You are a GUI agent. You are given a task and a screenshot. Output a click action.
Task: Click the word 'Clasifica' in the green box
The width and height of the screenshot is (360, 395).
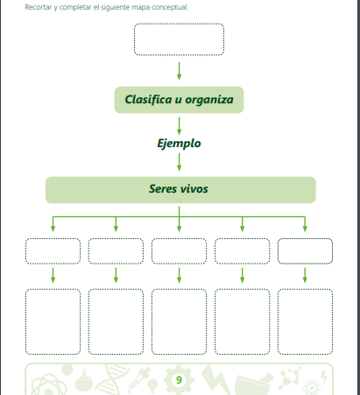coord(148,100)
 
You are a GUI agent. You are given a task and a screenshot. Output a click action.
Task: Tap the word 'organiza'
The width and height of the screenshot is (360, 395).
coord(209,100)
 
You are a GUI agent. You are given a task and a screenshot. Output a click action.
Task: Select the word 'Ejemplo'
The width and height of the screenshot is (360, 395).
coord(179,144)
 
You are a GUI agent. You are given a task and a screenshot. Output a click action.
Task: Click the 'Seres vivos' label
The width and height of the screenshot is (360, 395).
coord(179,189)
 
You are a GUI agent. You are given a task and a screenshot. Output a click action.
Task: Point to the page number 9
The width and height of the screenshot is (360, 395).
coord(179,380)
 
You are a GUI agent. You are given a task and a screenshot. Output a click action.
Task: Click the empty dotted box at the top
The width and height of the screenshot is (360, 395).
coord(179,24)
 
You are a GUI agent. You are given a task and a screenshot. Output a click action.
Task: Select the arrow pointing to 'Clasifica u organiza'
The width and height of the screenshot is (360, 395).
coord(179,71)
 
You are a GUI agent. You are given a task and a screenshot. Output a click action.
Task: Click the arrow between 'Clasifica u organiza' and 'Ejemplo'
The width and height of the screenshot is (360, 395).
coord(179,126)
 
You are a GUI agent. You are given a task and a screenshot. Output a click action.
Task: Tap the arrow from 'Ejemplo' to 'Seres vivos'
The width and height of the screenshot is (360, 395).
coord(179,162)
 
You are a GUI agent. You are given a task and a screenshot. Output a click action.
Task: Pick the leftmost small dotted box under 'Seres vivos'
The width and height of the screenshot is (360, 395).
coord(53,238)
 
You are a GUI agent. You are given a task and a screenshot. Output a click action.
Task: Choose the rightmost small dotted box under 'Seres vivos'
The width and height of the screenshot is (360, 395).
coord(305,239)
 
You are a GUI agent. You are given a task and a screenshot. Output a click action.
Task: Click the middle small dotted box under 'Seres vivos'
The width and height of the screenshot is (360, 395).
coord(179,238)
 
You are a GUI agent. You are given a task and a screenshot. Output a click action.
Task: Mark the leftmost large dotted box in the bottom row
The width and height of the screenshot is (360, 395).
coord(53,289)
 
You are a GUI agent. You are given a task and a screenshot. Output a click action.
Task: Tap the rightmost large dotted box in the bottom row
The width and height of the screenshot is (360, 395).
coord(305,289)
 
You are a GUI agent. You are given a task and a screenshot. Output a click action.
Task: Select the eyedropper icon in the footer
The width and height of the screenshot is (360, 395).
coord(140,380)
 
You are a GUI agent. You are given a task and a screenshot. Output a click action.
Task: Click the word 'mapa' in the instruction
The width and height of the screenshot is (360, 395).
coord(141,7)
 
